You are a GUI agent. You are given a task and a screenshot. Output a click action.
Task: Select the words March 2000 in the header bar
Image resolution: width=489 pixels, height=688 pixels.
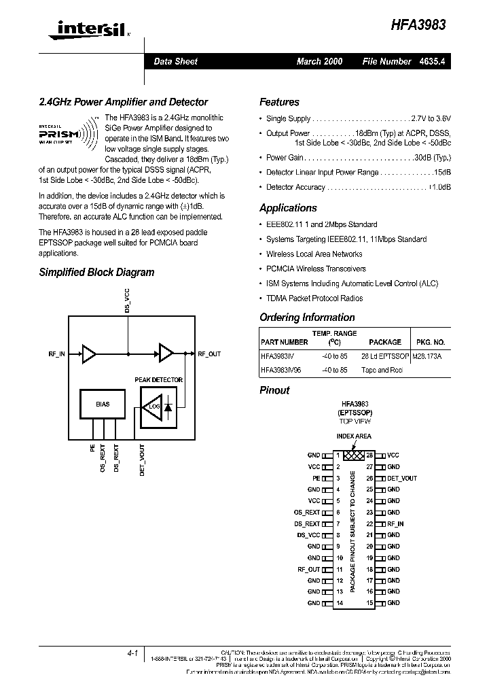coord(319,61)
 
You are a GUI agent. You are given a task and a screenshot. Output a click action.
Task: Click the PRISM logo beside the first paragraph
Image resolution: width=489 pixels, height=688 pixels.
coord(69,135)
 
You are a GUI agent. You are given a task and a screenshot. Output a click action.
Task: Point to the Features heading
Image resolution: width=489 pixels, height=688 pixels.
coord(279,102)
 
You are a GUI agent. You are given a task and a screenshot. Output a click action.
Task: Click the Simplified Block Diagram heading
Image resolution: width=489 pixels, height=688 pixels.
coord(96,272)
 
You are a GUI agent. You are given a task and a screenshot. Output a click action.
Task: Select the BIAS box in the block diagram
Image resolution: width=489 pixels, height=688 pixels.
coord(103,404)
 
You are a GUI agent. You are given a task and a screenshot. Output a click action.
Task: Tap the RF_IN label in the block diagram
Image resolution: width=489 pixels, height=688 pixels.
coord(57,354)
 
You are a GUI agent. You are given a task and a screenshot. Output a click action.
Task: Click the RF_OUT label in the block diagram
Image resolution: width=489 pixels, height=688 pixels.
coord(209,354)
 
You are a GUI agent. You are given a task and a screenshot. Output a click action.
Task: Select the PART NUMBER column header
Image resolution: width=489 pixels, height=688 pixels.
coord(284,342)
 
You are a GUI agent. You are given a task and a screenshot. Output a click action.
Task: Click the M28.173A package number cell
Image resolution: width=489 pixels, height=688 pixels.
coord(429,356)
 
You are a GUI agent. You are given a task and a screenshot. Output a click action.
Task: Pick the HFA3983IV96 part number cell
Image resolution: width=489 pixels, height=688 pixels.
coord(281,370)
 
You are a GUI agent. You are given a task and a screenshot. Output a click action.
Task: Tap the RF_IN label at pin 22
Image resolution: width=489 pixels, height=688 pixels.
coord(395,524)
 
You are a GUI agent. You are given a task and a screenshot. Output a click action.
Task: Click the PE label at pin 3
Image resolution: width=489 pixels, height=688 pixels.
coord(316,479)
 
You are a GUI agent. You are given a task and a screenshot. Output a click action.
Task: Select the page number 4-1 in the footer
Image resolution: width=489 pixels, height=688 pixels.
coord(132,653)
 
